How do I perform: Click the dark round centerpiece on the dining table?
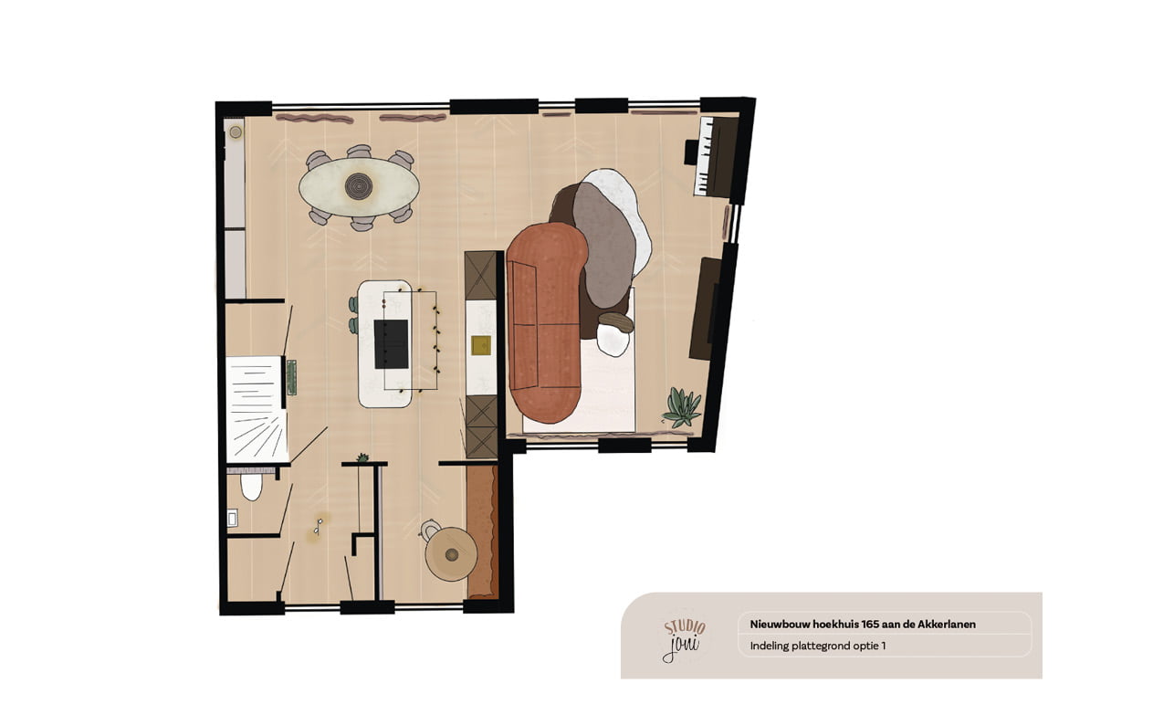coord(359,186)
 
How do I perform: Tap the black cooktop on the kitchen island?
coord(392,344)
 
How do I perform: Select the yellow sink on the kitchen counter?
coord(481,345)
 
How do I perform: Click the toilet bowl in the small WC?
coord(251,486)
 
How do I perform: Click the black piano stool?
coord(691,152)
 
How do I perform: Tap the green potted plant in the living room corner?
coord(682,407)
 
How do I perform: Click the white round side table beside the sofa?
coord(613,341)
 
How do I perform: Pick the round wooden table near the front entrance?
coord(451,554)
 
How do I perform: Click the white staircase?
coord(257,409)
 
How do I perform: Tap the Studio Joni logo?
coord(684,640)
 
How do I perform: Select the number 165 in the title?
coord(870,625)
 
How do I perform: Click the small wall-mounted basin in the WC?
coord(233,518)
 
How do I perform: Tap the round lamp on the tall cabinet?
coord(236,132)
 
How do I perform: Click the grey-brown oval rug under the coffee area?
coord(603,245)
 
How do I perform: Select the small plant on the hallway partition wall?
coord(363,457)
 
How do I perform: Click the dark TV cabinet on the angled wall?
coord(704,309)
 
